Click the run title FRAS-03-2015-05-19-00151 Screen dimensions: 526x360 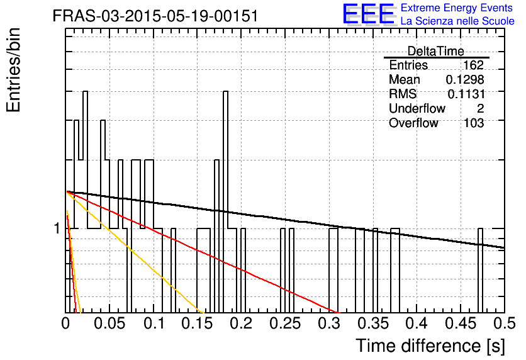point(155,16)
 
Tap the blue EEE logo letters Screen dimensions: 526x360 point(369,14)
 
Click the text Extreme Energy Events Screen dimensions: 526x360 point(457,8)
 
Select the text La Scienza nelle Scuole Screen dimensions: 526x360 point(457,21)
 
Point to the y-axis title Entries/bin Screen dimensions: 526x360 point(14,70)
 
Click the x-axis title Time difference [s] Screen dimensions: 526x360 point(430,346)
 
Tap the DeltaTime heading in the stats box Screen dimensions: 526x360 point(436,51)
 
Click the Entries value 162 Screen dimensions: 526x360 point(473,65)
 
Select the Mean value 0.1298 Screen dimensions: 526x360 point(465,79)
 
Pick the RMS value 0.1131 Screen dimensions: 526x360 point(466,94)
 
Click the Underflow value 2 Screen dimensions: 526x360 point(480,108)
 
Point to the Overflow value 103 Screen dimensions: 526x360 point(474,123)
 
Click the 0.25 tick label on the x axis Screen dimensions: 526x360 point(286,323)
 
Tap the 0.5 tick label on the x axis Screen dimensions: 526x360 point(505,323)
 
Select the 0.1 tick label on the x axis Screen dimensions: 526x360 point(154,323)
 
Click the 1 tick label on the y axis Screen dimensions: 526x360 point(57,229)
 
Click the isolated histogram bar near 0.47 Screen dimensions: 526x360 point(480,271)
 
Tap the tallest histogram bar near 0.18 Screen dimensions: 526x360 point(225,201)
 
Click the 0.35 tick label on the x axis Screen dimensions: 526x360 point(373,323)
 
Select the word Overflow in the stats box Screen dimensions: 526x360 point(413,123)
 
